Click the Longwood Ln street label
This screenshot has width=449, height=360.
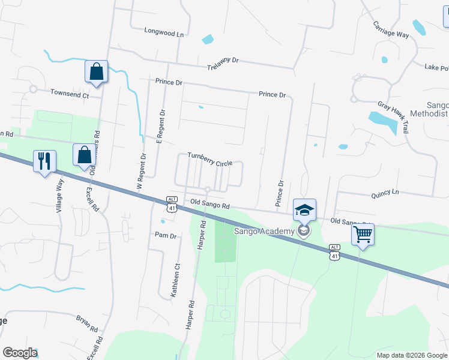coord(164,34)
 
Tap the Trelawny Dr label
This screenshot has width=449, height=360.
coord(223,65)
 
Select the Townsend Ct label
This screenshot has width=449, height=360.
coord(70,94)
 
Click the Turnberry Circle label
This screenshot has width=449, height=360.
coord(209,159)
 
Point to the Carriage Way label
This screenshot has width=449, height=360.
coord(391,30)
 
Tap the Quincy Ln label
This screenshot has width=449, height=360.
coord(385,192)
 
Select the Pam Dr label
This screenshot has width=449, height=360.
coord(166,236)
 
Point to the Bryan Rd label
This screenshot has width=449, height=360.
coord(86,323)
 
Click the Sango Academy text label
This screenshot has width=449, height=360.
coord(265,231)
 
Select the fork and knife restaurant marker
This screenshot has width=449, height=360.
coord(44,161)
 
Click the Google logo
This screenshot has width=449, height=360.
coord(19,353)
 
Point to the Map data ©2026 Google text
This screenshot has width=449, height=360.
coord(411,355)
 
